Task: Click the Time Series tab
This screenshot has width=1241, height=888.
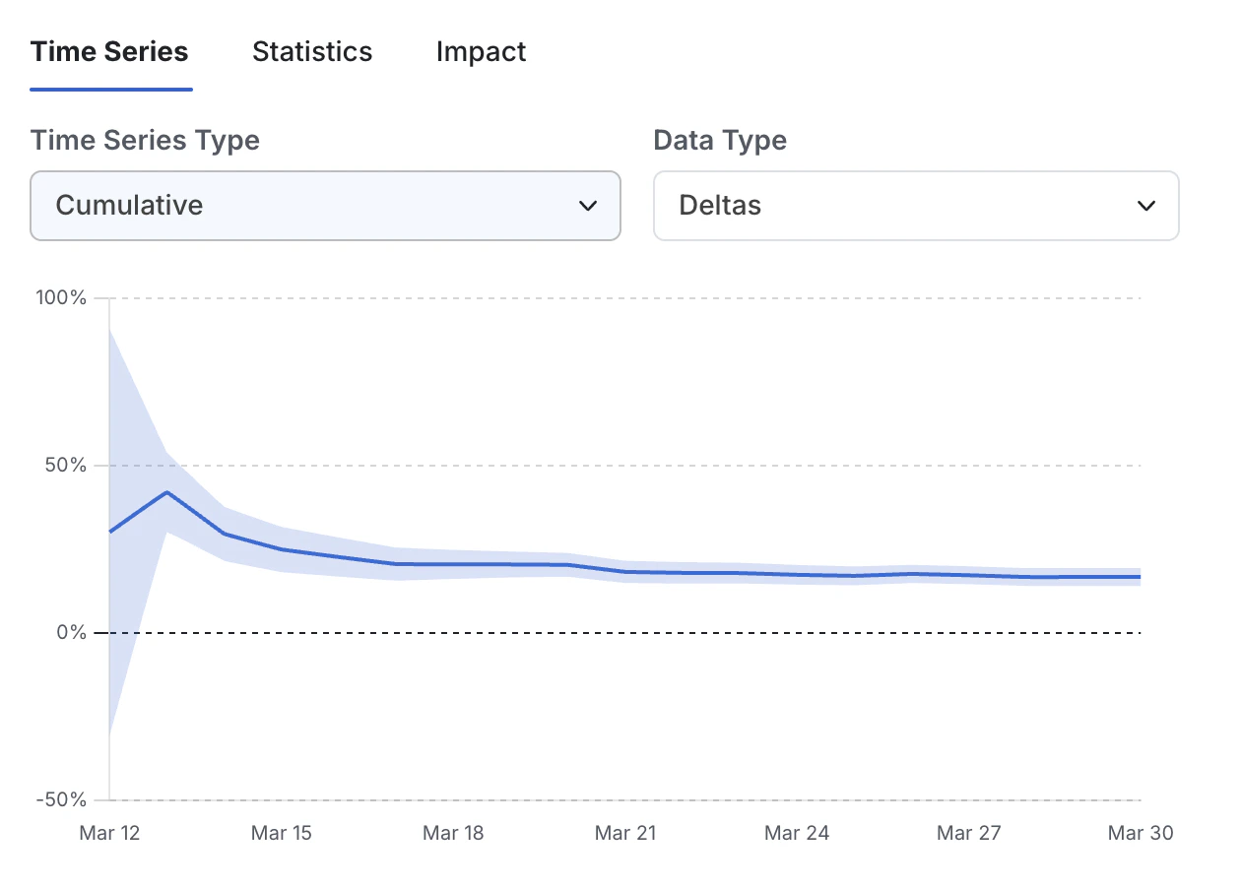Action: (109, 52)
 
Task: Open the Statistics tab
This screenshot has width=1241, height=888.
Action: (312, 52)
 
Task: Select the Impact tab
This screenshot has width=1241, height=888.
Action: (481, 52)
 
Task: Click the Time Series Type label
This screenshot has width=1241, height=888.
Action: (145, 140)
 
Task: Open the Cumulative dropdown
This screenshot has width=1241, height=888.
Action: (325, 206)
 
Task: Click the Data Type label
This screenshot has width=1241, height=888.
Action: (720, 140)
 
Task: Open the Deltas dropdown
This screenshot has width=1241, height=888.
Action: (916, 206)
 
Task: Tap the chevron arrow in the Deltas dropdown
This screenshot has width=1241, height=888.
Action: (1145, 206)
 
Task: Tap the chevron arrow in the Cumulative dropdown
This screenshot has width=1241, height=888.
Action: (588, 206)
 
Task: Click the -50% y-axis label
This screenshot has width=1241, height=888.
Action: (61, 799)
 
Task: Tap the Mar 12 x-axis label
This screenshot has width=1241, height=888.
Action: (109, 833)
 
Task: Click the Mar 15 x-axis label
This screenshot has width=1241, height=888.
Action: (282, 833)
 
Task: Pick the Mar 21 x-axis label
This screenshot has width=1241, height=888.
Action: (625, 833)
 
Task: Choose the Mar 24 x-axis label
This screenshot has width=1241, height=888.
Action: (797, 833)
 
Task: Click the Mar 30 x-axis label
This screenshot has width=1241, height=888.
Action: (1141, 833)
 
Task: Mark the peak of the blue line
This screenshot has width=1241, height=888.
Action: (167, 492)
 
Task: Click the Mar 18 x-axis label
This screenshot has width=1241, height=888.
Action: (453, 833)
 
